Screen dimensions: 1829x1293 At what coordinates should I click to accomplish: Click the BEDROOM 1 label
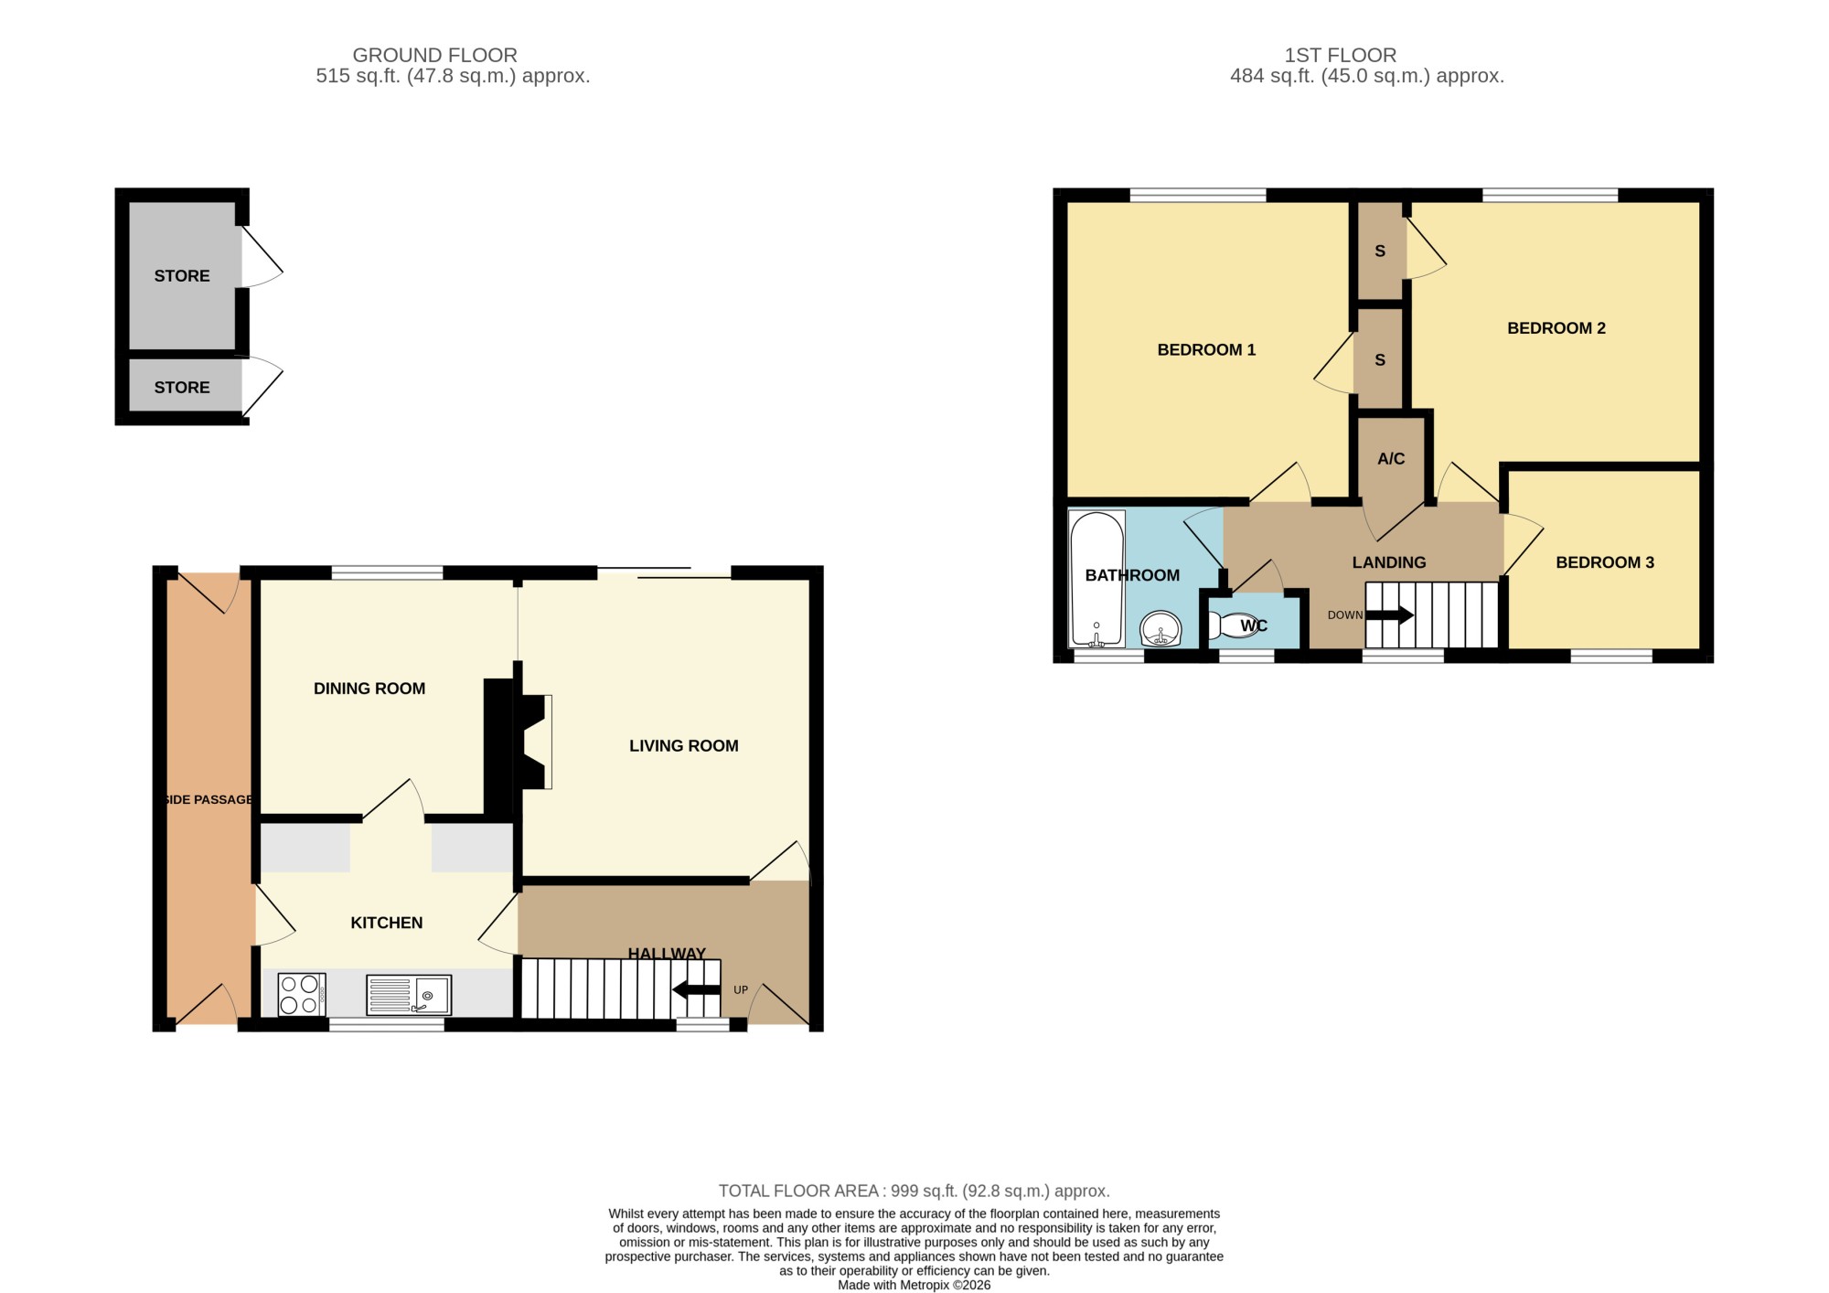coord(1206,349)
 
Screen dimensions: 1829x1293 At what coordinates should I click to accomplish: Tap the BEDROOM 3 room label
coord(1605,562)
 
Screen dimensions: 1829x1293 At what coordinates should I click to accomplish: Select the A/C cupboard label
coord(1391,458)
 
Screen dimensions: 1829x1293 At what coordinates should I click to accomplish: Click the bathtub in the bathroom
coord(1096,579)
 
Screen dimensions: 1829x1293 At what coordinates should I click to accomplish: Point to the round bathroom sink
coord(1161,629)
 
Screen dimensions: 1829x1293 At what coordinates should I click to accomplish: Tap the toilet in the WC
coord(1235,625)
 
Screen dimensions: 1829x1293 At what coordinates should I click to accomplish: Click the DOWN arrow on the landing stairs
coord(1389,615)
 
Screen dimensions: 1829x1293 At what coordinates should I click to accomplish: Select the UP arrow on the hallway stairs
coord(696,989)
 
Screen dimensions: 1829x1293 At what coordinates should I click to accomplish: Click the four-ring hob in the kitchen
coord(301,994)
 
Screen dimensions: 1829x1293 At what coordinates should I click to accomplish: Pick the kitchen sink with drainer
coord(409,995)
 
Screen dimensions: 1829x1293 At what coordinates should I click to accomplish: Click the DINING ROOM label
coord(369,689)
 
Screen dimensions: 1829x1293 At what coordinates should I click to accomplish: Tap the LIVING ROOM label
coord(684,746)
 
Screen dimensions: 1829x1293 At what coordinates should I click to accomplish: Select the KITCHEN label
coord(387,923)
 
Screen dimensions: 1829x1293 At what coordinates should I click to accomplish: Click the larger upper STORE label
coord(182,276)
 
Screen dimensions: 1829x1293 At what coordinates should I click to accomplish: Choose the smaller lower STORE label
coord(182,388)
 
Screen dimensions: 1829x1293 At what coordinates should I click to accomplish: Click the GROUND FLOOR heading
coord(435,56)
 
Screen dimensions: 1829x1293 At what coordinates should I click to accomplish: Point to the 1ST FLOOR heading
coord(1341,56)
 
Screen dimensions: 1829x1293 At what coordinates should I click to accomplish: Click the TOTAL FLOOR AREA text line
coord(914,1191)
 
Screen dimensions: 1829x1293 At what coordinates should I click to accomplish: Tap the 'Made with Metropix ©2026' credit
coord(914,1285)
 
